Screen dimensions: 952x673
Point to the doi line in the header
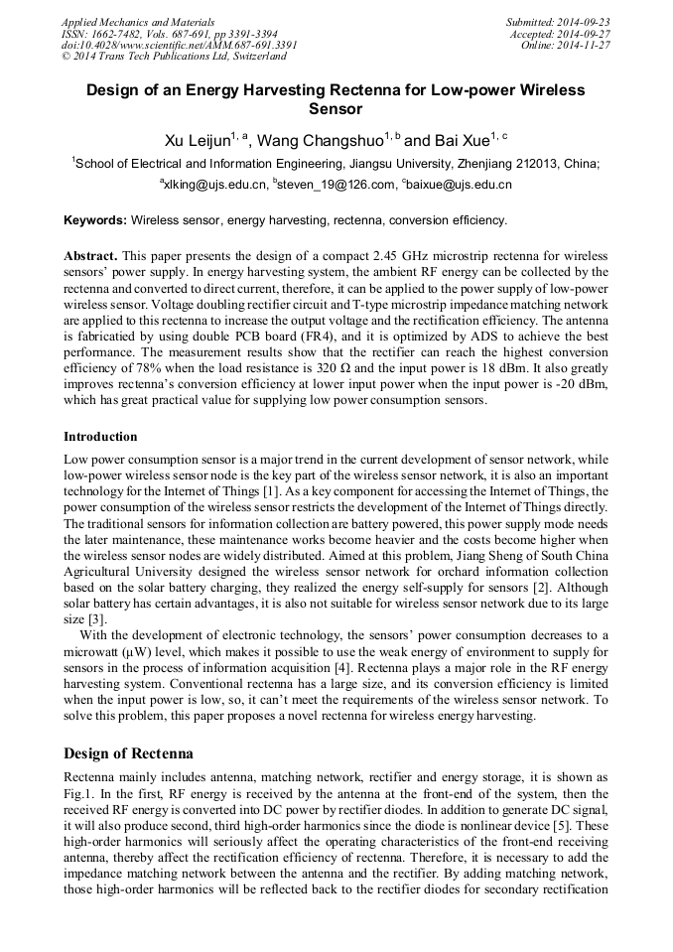point(179,45)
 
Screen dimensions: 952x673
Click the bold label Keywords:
point(95,219)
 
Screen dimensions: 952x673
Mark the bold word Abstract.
point(91,255)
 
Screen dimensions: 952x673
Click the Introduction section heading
point(100,436)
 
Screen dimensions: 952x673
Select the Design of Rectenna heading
point(129,752)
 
